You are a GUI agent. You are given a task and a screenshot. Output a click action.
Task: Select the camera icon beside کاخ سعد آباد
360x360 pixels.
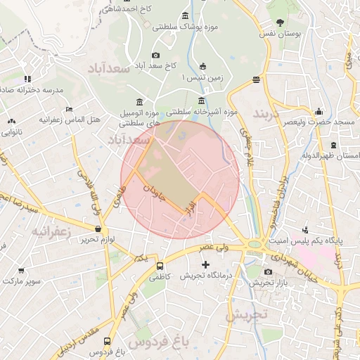[156, 56]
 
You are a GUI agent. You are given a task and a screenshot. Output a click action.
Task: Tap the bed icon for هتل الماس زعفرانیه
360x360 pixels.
[68, 109]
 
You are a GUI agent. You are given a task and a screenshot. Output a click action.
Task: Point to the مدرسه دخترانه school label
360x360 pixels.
[32, 90]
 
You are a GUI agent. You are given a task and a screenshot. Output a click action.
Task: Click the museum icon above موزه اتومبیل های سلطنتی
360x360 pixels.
[139, 101]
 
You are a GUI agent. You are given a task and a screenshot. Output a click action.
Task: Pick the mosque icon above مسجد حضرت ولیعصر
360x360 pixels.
[319, 111]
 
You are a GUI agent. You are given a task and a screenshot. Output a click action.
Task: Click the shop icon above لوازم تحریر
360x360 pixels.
[98, 229]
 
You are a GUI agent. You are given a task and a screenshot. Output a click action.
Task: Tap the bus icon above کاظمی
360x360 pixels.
[160, 266]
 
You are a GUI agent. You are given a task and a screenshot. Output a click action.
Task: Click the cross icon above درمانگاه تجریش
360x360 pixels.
[205, 265]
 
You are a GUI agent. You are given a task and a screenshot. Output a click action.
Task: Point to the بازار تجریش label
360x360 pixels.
[267, 283]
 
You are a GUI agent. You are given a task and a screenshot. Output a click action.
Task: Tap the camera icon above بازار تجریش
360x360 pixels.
[268, 272]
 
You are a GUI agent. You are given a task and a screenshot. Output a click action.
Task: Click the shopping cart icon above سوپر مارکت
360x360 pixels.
[22, 271]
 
